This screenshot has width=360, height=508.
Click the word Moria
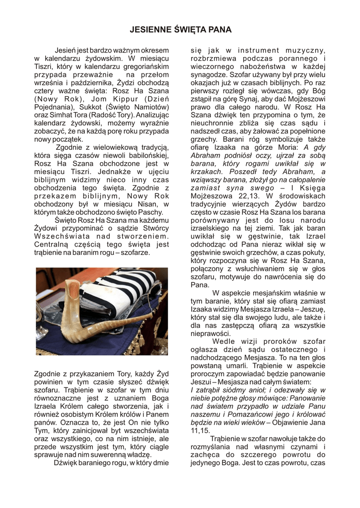point(288,147)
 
